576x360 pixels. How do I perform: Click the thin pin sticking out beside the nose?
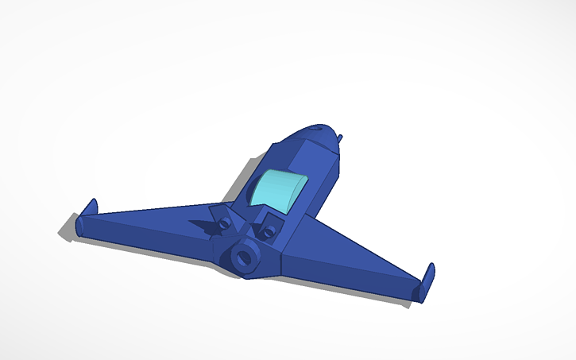tap(340, 138)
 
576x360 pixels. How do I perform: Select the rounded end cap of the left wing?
tap(79, 227)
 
